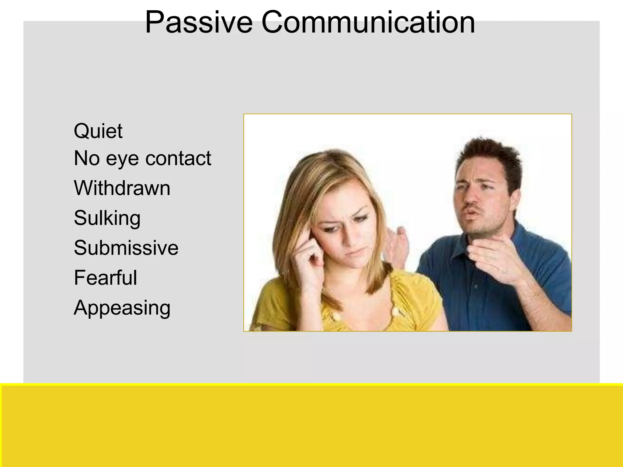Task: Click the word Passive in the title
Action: [199, 22]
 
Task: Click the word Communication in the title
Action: [368, 22]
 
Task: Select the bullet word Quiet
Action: [98, 131]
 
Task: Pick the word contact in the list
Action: [178, 158]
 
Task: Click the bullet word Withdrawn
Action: [122, 188]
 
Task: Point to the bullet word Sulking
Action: [107, 218]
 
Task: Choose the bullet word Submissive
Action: [126, 248]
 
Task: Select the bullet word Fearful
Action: [105, 278]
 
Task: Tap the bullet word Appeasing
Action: [122, 308]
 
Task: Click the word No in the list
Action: [87, 158]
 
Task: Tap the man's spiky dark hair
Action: [490, 155]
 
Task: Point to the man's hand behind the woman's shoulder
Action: [397, 243]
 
